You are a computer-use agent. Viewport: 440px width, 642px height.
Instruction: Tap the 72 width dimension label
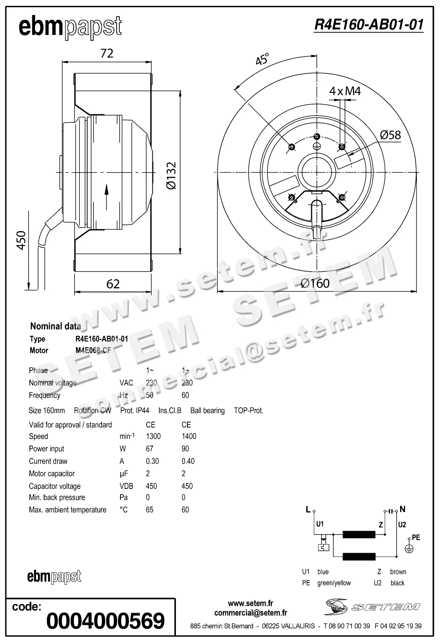click(x=107, y=53)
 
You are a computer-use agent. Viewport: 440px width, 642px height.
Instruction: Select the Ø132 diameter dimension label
click(x=171, y=176)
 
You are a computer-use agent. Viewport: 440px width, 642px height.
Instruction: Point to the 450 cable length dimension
click(x=21, y=240)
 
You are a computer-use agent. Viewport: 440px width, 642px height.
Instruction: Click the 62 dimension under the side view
click(x=113, y=284)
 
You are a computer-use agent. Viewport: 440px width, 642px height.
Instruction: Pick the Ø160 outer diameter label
click(x=315, y=283)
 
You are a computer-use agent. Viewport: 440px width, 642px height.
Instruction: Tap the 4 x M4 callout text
click(x=345, y=91)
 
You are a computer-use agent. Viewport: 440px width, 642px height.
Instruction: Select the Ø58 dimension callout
click(x=390, y=135)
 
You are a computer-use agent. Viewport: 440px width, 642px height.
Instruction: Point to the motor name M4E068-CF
click(x=93, y=351)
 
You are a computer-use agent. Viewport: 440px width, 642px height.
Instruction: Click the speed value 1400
click(x=189, y=436)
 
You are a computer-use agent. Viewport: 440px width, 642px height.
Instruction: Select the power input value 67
click(x=149, y=449)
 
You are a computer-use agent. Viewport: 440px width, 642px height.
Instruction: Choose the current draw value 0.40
click(x=188, y=461)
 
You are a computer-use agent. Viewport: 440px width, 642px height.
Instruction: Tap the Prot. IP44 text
click(x=135, y=411)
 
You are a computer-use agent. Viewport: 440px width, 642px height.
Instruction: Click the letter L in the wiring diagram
click(x=308, y=509)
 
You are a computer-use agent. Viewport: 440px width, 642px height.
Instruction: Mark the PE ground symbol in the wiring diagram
click(x=409, y=548)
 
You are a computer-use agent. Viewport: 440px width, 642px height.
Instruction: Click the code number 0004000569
click(x=105, y=621)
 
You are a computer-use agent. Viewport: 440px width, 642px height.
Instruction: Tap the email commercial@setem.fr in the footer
click(x=250, y=613)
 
